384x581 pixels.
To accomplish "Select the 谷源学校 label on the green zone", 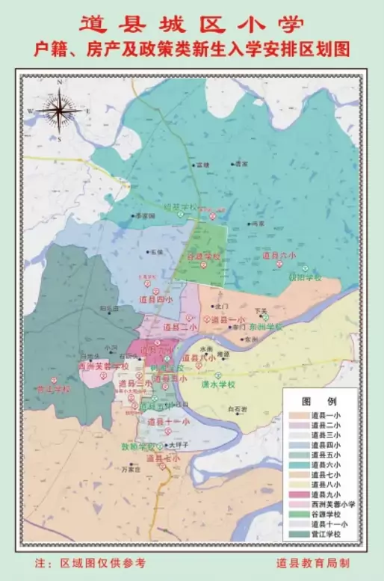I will pyautogui.click(x=203, y=256).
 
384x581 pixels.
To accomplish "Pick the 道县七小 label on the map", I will pyautogui.click(x=163, y=458).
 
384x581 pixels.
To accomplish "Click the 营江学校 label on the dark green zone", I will pyautogui.click(x=53, y=389).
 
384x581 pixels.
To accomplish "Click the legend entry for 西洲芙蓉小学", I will pyautogui.click(x=332, y=504).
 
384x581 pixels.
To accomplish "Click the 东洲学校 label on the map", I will pyautogui.click(x=267, y=327).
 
